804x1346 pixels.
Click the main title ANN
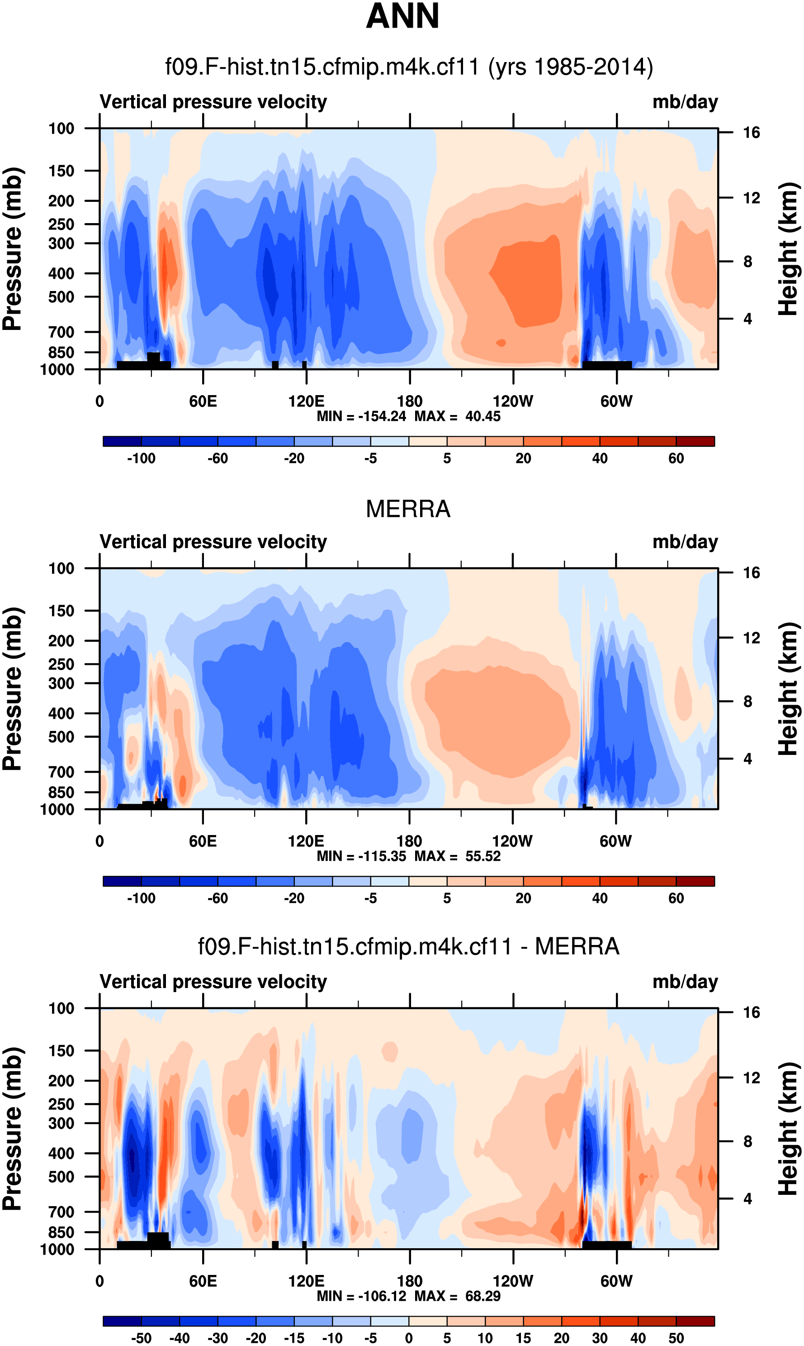(402, 16)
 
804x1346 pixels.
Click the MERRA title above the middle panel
(408, 509)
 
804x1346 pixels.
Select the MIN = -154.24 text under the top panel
(361, 416)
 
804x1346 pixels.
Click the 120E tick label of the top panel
(306, 402)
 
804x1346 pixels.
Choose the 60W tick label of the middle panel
(615, 841)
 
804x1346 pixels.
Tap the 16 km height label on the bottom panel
(751, 1012)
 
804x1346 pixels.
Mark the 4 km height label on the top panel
(747, 319)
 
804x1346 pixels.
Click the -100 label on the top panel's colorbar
(142, 458)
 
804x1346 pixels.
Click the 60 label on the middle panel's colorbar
(676, 898)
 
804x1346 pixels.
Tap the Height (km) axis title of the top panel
(789, 249)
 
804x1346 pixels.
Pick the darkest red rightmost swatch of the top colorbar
(695, 441)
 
